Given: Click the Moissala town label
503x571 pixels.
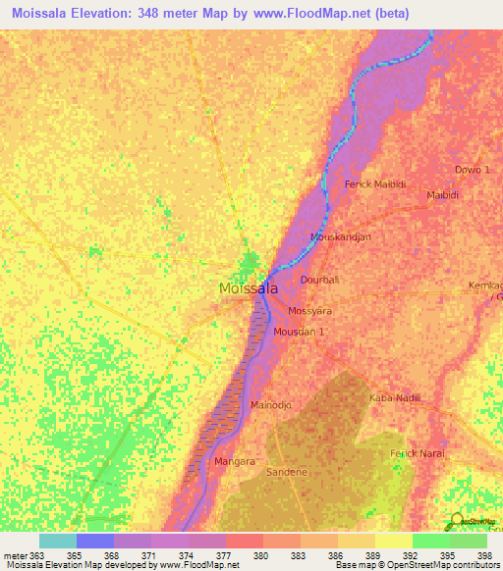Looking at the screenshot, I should point(247,289).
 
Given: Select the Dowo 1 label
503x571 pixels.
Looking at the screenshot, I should point(472,170).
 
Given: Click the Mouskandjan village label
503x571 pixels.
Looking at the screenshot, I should point(342,237).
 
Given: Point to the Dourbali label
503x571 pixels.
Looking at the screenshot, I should point(319,280).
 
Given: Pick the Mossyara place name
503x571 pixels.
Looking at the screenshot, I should point(310,311).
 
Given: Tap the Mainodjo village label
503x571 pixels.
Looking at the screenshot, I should point(272,404).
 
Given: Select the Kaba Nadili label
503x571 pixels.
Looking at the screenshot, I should point(394,397).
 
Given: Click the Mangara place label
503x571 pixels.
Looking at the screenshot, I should point(235,460).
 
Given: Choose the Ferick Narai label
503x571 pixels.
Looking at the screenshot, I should point(418,453).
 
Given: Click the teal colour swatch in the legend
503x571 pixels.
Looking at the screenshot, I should point(58,541).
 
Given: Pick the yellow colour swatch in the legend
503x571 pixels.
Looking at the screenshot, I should point(393,541).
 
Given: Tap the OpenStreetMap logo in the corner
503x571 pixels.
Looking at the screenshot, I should point(475,521).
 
